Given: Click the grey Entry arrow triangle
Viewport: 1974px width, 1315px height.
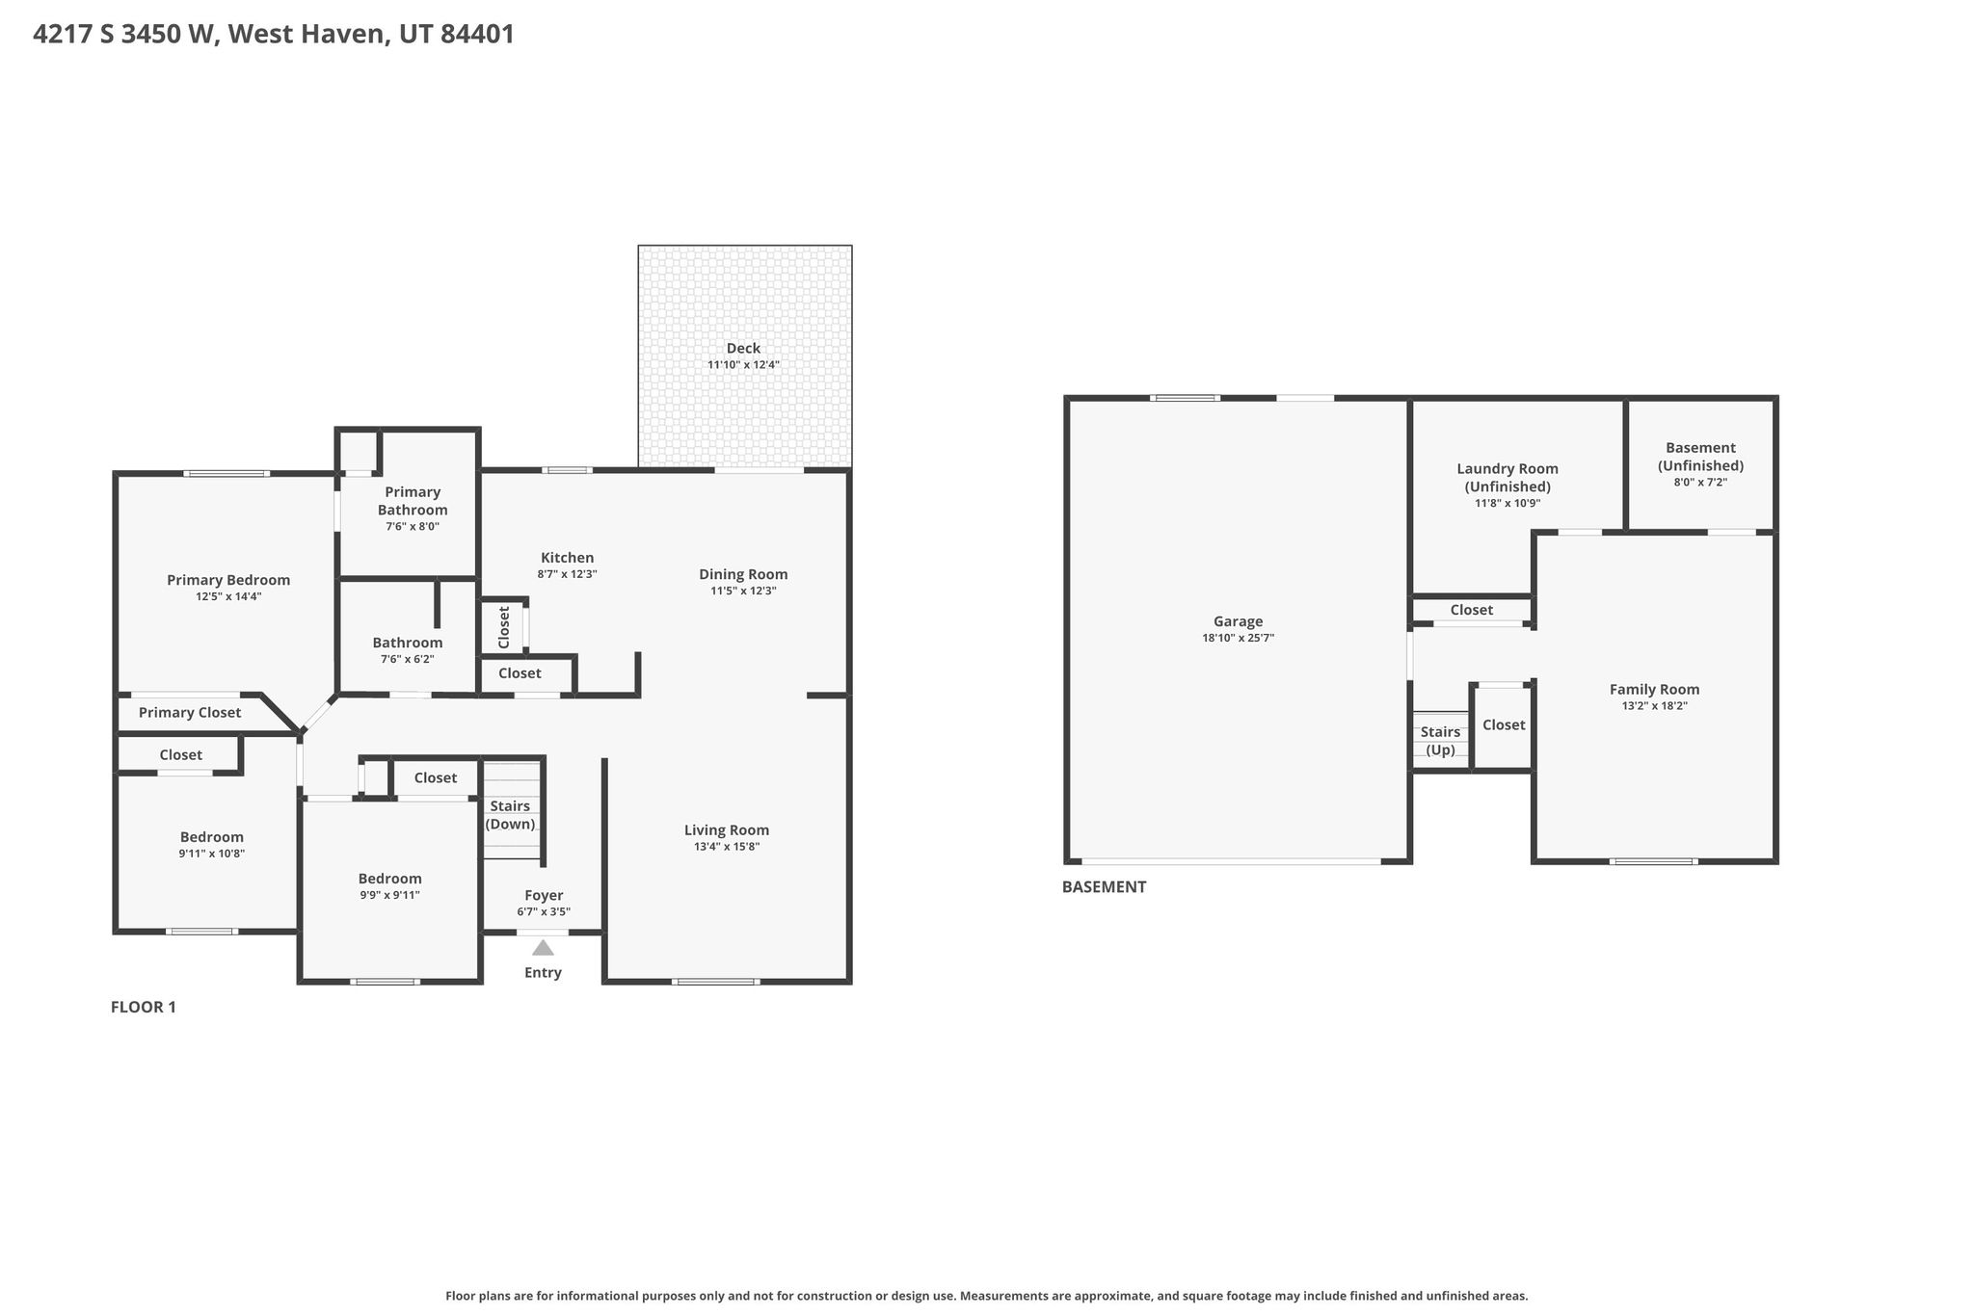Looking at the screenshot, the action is tap(544, 947).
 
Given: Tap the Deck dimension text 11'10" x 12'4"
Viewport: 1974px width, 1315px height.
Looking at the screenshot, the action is tap(743, 365).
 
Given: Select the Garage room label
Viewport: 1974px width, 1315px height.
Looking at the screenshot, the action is tap(1239, 621).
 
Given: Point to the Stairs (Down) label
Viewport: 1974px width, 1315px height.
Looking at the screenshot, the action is tap(510, 815).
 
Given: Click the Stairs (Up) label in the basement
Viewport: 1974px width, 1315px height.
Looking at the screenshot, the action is tap(1440, 741).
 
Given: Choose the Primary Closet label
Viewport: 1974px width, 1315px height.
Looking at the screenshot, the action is tap(190, 713).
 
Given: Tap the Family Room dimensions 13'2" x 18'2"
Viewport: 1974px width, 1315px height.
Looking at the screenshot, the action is tap(1654, 706).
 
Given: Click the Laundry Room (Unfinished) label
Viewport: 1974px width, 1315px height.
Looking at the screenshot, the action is tap(1507, 478).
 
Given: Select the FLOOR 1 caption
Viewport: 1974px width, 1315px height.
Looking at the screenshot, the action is tap(144, 1008).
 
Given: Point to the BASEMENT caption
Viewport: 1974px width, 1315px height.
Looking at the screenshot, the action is tap(1105, 887).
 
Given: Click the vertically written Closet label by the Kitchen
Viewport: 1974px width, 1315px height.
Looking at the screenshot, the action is tap(503, 627).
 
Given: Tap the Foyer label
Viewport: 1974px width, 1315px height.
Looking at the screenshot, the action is tap(544, 896).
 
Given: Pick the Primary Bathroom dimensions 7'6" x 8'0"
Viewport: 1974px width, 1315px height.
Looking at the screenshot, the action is tap(413, 527).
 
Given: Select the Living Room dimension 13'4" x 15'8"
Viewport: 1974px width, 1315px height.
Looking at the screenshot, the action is tap(727, 847).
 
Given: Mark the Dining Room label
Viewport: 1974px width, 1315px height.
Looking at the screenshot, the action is tap(743, 574).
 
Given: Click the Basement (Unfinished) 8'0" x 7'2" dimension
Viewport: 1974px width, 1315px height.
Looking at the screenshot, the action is tap(1700, 483).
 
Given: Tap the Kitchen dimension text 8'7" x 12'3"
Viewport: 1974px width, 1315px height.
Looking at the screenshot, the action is tap(568, 574).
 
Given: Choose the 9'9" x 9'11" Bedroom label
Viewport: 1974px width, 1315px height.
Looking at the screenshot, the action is tap(389, 879).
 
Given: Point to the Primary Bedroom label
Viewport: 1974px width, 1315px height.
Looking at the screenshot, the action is tap(228, 580).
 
